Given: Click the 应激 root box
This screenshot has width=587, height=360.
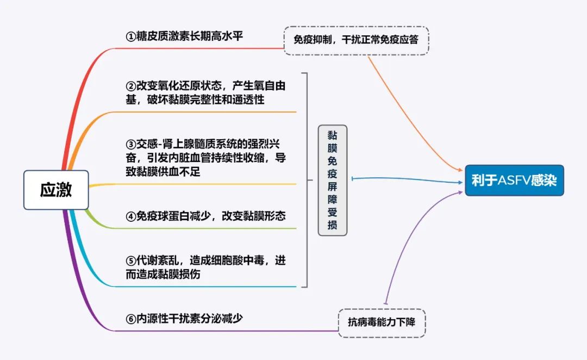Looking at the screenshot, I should [56, 190].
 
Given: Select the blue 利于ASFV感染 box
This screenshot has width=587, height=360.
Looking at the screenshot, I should [514, 181].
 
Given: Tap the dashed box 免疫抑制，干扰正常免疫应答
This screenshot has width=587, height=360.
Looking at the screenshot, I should [356, 40].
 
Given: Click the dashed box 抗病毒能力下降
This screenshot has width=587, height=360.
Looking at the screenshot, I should [382, 323].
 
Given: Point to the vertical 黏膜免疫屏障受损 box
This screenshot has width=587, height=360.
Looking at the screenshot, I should [332, 180].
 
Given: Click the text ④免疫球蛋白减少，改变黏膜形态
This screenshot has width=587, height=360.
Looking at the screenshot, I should [205, 216].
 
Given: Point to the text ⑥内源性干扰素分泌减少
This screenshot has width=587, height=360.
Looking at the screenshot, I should [184, 319].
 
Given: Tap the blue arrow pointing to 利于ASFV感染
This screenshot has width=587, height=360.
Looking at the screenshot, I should [408, 179].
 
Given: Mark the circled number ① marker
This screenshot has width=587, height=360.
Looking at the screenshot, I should [130, 37].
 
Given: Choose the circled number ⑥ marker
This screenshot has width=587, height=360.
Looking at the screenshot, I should [130, 319].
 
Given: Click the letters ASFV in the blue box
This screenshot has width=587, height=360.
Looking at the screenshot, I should [515, 181].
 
